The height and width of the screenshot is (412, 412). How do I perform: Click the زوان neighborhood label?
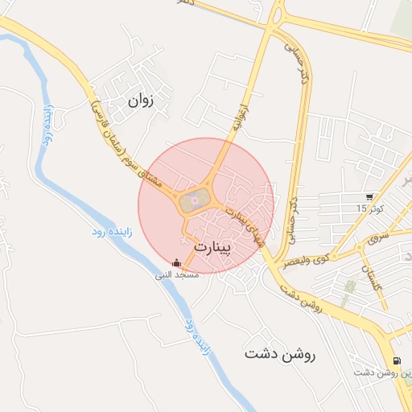point(140,101)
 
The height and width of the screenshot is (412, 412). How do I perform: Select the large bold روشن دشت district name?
point(281,353)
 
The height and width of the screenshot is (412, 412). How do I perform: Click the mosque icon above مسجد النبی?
point(177,262)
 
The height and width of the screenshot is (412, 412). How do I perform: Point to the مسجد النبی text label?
point(177,274)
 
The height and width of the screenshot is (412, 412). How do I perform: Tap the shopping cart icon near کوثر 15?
point(369,196)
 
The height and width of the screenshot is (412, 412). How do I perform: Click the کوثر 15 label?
point(371,208)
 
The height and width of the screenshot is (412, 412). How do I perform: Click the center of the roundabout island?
point(192,200)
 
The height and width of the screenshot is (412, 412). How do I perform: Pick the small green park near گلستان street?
point(350,286)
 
